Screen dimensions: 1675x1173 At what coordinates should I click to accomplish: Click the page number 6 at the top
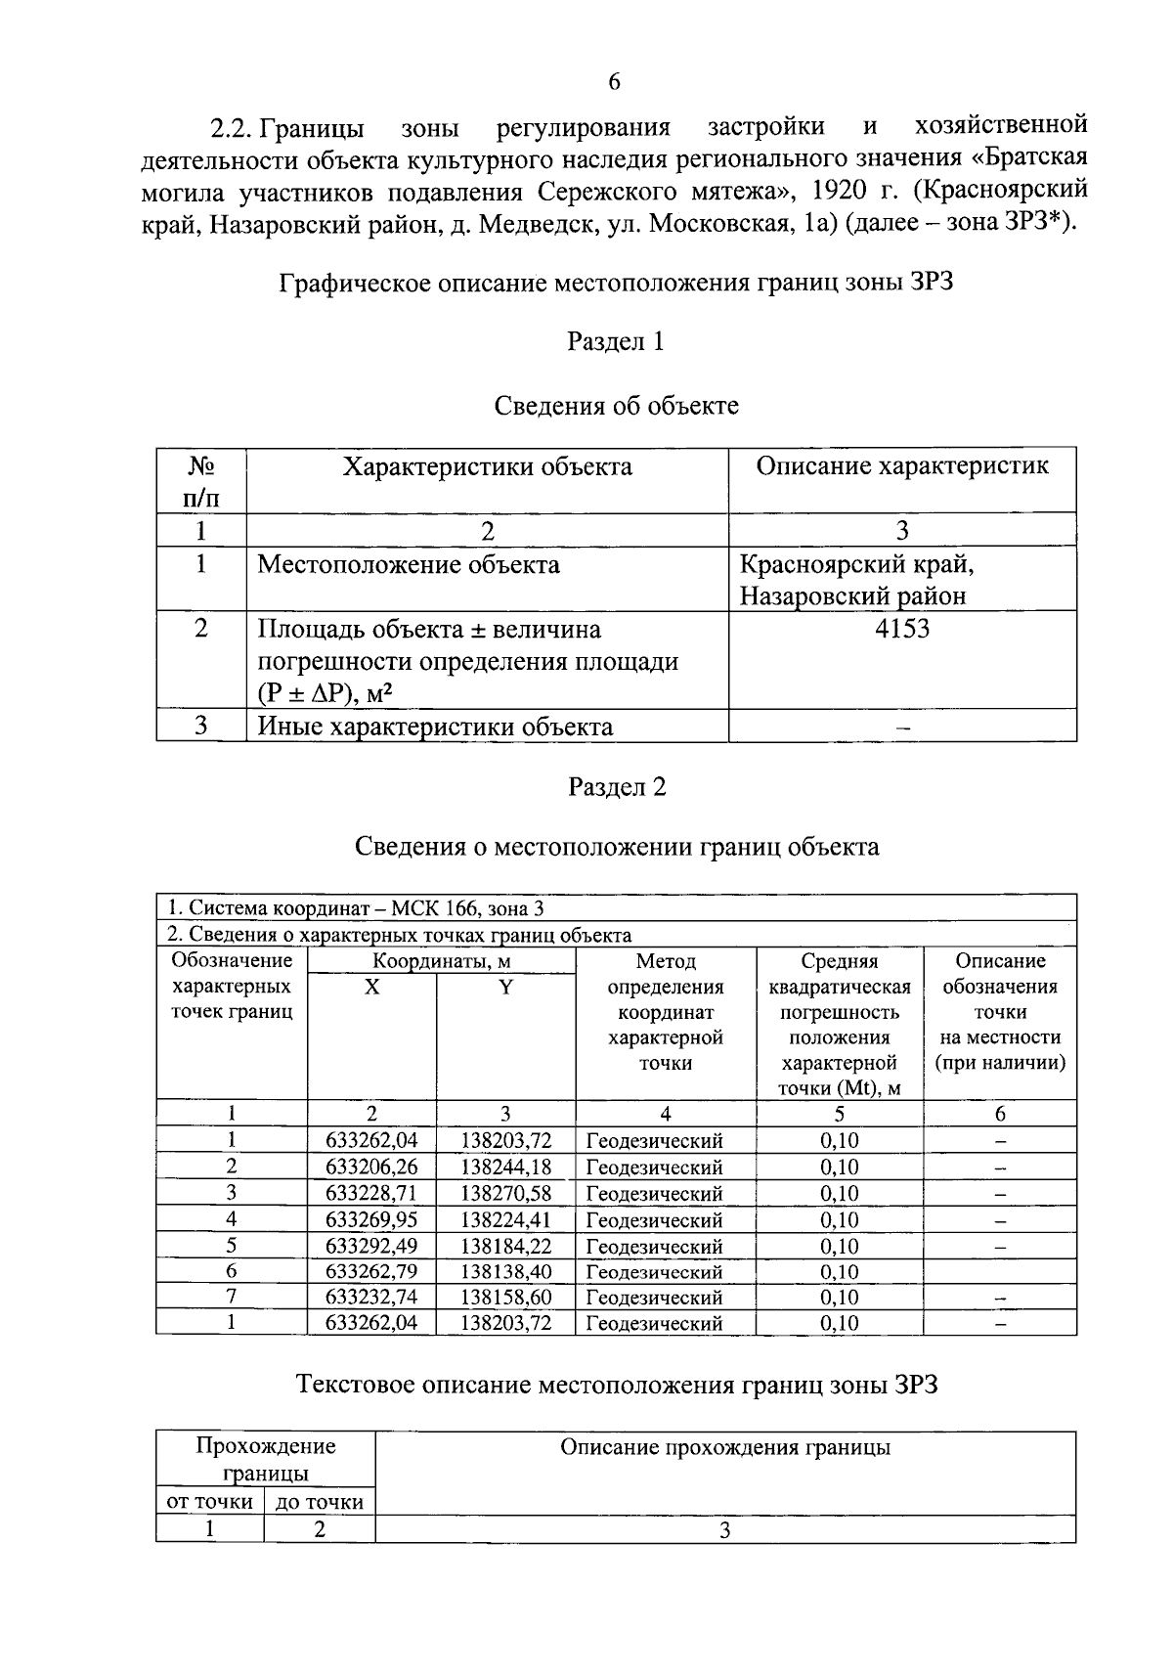[x=614, y=82]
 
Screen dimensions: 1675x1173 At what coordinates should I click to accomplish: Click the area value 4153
[x=902, y=629]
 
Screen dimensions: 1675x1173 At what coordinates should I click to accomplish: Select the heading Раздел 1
[x=616, y=341]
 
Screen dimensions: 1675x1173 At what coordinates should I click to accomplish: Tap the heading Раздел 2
[x=617, y=787]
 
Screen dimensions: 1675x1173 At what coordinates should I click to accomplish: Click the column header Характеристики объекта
[x=487, y=466]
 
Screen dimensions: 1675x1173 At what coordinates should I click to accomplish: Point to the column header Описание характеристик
[x=902, y=466]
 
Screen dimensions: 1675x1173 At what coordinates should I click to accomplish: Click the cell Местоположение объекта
[x=409, y=564]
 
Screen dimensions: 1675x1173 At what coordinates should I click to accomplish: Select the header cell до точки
[x=320, y=1502]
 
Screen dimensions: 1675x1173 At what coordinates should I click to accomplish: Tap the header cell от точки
[x=210, y=1502]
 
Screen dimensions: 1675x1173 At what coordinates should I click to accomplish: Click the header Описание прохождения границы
[x=724, y=1448]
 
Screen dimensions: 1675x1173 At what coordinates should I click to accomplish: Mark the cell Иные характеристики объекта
[x=436, y=727]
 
